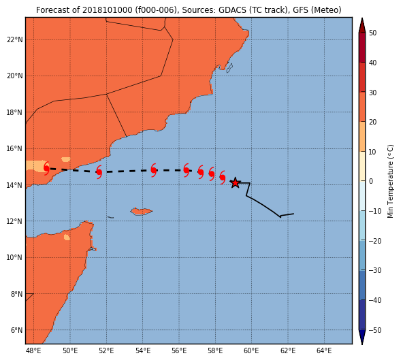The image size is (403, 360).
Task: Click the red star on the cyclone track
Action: tap(235, 182)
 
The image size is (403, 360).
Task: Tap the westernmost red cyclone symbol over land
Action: tap(46, 168)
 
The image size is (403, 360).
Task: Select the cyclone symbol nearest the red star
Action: tap(223, 178)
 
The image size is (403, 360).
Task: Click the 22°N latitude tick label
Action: tap(15, 39)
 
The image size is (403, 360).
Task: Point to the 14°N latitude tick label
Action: tap(15, 185)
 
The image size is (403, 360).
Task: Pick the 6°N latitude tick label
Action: tap(16, 330)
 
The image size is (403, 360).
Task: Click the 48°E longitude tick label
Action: tap(33, 350)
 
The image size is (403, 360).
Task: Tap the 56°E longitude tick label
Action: tap(179, 350)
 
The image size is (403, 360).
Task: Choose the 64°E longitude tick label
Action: tap(324, 350)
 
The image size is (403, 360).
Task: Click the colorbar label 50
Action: tap(372, 33)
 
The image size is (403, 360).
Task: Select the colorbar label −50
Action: tap(375, 330)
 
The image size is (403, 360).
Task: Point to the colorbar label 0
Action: tap(371, 181)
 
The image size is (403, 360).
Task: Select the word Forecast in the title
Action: tap(52, 10)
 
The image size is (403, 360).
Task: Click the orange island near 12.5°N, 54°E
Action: tap(141, 212)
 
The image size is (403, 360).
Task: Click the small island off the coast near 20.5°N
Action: tap(229, 68)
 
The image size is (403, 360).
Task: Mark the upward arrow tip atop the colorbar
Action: tap(362, 18)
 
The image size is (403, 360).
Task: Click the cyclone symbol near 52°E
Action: tap(99, 172)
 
